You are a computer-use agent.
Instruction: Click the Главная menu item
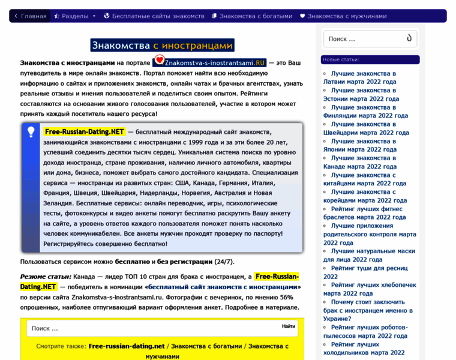pyautogui.click(x=30, y=16)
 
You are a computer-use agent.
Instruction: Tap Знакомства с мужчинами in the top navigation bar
pyautogui.click(x=343, y=16)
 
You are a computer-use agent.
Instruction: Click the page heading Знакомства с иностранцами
pyautogui.click(x=162, y=45)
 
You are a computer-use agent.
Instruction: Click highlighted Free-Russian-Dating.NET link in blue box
pyautogui.click(x=84, y=132)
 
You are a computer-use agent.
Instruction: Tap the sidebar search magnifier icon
pyautogui.click(x=409, y=38)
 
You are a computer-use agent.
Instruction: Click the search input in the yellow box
pyautogui.click(x=150, y=328)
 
